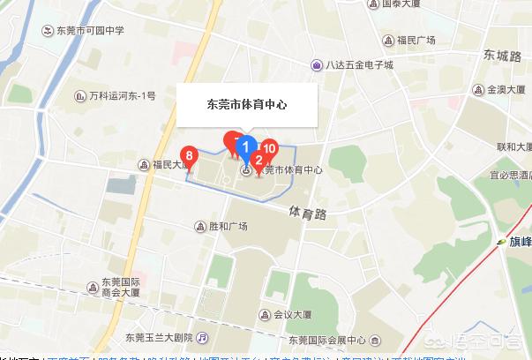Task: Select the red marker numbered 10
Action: coord(268,149)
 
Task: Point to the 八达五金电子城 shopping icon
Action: coord(317,64)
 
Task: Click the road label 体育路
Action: coord(307,213)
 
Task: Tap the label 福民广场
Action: coord(416,40)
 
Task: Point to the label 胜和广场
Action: coord(228,227)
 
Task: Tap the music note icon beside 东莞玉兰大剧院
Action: coord(203,337)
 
